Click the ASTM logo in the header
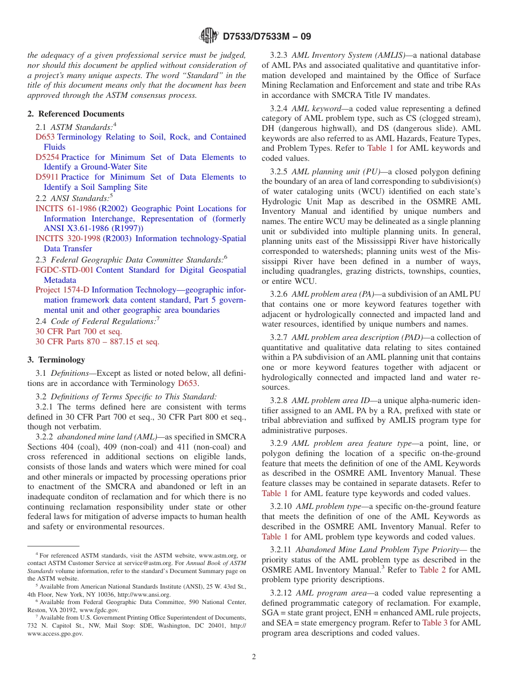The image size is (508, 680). point(209,36)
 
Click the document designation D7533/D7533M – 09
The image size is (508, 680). point(266,36)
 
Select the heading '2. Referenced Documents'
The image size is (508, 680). point(76,114)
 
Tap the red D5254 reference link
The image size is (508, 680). point(47,157)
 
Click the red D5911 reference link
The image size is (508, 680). point(47,177)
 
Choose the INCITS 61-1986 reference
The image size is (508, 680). point(66,208)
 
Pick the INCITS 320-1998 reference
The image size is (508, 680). point(68,238)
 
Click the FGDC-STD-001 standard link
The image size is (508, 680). point(64,270)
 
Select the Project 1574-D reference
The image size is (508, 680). point(63,290)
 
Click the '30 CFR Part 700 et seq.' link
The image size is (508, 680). point(79,331)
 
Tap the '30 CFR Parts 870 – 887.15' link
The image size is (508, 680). point(97,342)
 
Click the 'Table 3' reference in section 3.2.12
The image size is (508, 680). point(435,623)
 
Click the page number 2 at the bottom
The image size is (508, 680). point(254,657)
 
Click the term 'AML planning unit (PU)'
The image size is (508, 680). point(336,172)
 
